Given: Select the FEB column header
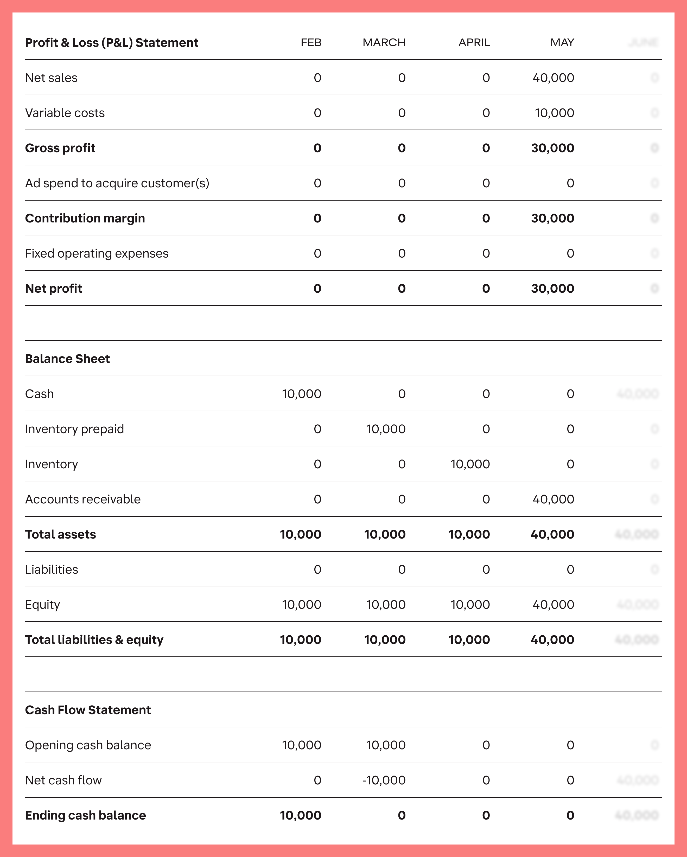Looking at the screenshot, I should (311, 42).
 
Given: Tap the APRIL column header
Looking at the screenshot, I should (474, 42).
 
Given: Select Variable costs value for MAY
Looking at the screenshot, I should (554, 113).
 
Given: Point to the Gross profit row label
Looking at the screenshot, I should (60, 148).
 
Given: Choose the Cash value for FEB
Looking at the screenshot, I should (301, 394).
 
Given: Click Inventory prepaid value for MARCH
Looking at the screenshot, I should (386, 429).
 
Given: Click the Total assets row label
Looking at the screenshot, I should (60, 534).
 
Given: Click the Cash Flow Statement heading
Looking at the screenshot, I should (88, 710).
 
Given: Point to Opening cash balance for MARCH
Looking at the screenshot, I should (386, 745).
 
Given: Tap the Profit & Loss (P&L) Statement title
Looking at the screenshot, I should (111, 42).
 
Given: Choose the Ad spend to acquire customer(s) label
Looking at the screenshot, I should (117, 183).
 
